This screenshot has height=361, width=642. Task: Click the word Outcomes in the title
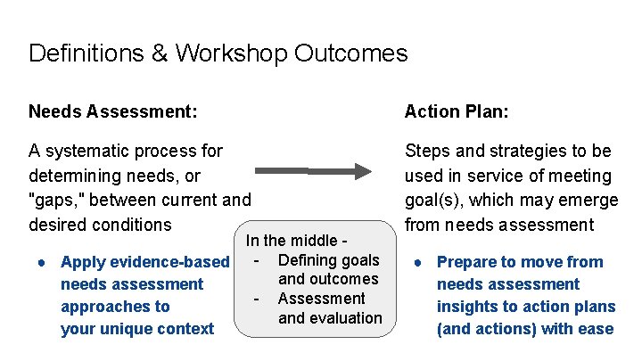354,53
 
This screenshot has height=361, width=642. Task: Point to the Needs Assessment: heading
112,111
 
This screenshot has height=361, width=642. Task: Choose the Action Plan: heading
457,111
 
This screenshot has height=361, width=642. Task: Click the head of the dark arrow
361,170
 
